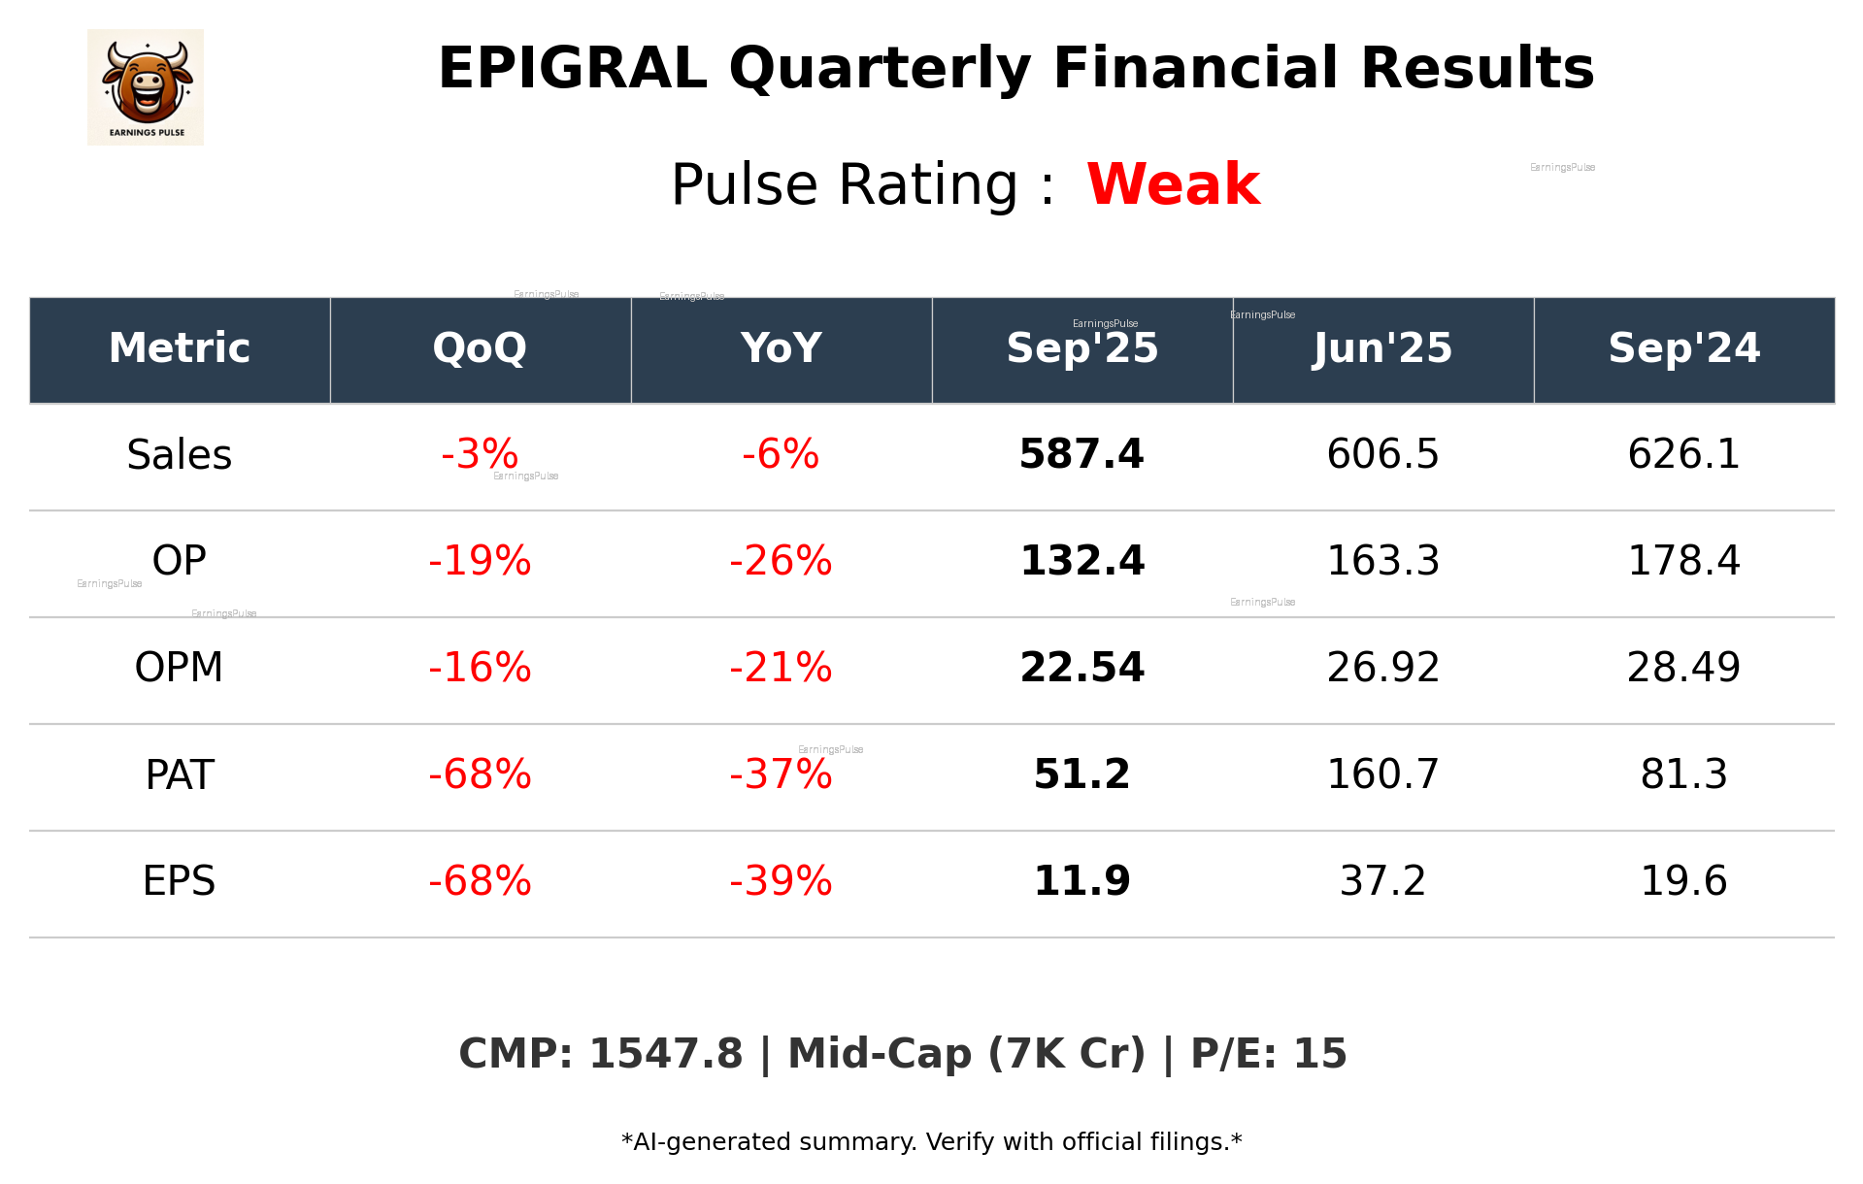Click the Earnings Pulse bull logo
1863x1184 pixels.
point(146,87)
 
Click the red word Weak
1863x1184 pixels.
point(1173,184)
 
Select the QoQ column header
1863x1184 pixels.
point(480,348)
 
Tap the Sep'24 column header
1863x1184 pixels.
point(1683,348)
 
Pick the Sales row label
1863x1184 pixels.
point(180,455)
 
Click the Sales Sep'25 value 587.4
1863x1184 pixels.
point(1081,454)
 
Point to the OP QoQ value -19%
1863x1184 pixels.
point(480,561)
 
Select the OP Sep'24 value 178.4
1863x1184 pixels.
point(1683,561)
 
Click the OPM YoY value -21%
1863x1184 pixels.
point(781,668)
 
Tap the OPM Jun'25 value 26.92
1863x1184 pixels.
point(1382,668)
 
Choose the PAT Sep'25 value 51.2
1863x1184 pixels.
point(1081,774)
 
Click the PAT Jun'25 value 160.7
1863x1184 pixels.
point(1382,774)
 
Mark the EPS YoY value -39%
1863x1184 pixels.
point(781,881)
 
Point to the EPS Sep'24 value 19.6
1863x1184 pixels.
point(1683,881)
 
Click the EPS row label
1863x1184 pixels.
point(180,881)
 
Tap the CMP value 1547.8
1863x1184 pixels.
point(665,1054)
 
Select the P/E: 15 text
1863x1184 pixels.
point(1268,1054)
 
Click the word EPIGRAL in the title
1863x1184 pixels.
point(572,69)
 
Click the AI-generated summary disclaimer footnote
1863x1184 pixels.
point(931,1142)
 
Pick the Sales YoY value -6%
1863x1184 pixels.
point(781,454)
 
